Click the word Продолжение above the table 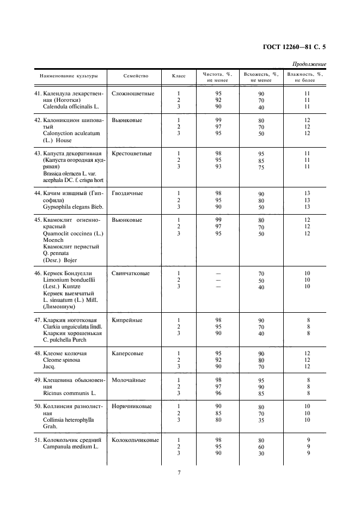pyautogui.click(x=309, y=64)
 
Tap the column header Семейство pyautogui.click(x=136, y=76)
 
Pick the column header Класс pyautogui.click(x=179, y=76)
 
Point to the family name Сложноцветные pyautogui.click(x=133, y=94)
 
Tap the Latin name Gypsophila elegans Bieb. pyautogui.click(x=72, y=207)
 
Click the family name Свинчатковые pyautogui.click(x=131, y=273)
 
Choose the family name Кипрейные pyautogui.click(x=127, y=320)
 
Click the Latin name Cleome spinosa pyautogui.click(x=61, y=360)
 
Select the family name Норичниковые pyautogui.click(x=132, y=406)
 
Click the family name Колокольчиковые pyautogui.click(x=135, y=440)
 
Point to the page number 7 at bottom pyautogui.click(x=179, y=472)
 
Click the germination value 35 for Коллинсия pyautogui.click(x=261, y=420)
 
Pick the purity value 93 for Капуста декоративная pyautogui.click(x=218, y=167)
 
